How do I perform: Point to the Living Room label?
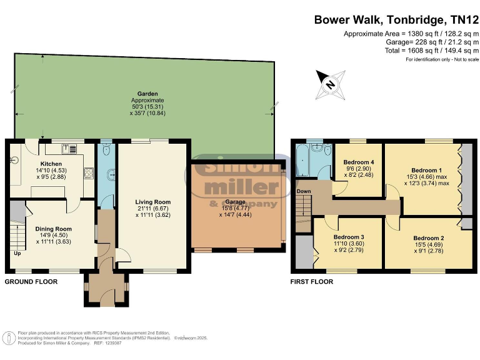pyautogui.click(x=153, y=202)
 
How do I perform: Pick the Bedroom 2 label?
pyautogui.click(x=429, y=238)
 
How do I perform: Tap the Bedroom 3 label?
pyautogui.click(x=349, y=237)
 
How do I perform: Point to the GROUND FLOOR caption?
pyautogui.click(x=31, y=282)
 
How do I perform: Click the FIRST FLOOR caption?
pyautogui.click(x=312, y=282)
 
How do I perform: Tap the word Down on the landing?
pyautogui.click(x=304, y=191)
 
